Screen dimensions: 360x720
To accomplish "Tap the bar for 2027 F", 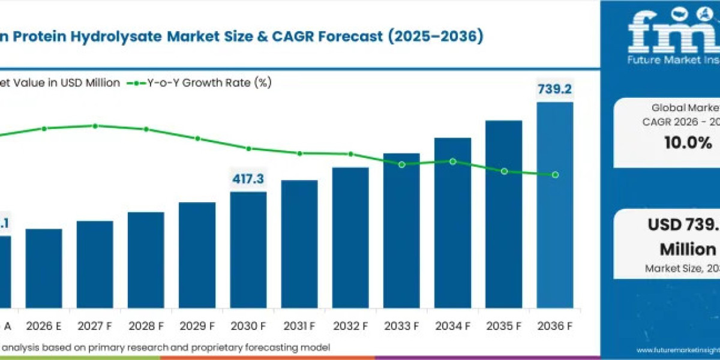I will [95, 265].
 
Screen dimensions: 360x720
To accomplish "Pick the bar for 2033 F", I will [401, 231].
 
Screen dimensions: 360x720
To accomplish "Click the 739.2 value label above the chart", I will [555, 90].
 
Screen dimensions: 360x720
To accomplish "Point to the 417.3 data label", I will [248, 179].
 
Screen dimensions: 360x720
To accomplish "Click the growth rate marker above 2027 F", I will [95, 126].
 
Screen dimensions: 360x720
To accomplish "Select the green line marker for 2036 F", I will [556, 175].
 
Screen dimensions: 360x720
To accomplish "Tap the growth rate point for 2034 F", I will [453, 161].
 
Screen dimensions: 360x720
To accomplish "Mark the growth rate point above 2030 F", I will [248, 148].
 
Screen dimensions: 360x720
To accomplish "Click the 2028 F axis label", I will [146, 326].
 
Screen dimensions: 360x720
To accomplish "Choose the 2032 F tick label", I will [350, 326].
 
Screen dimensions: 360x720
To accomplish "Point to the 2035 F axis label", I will [504, 326].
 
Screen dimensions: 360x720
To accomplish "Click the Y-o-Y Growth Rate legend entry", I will [200, 83].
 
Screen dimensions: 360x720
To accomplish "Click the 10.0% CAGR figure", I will [689, 143].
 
